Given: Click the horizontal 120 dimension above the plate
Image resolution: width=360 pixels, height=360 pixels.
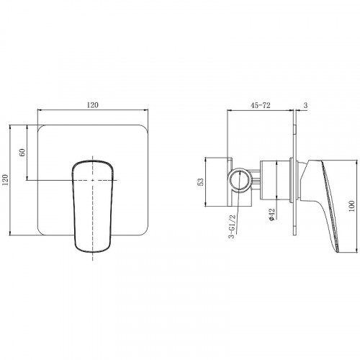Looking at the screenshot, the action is point(93,105).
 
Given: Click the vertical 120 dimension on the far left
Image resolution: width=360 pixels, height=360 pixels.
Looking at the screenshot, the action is point(5,180).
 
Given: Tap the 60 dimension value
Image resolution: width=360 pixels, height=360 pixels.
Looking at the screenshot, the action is point(22,152).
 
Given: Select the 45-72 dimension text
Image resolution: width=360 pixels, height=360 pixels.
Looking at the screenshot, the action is point(261,105).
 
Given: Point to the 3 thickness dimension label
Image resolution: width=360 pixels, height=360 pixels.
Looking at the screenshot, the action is point(305,105).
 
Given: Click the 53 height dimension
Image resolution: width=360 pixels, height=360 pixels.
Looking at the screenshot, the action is point(201,181).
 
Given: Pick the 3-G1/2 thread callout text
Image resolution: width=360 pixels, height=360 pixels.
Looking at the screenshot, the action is point(232,226).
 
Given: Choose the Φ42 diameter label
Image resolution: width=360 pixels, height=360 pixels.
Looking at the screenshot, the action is point(271,215).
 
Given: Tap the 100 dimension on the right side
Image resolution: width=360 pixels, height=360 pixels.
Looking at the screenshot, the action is point(351,206).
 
